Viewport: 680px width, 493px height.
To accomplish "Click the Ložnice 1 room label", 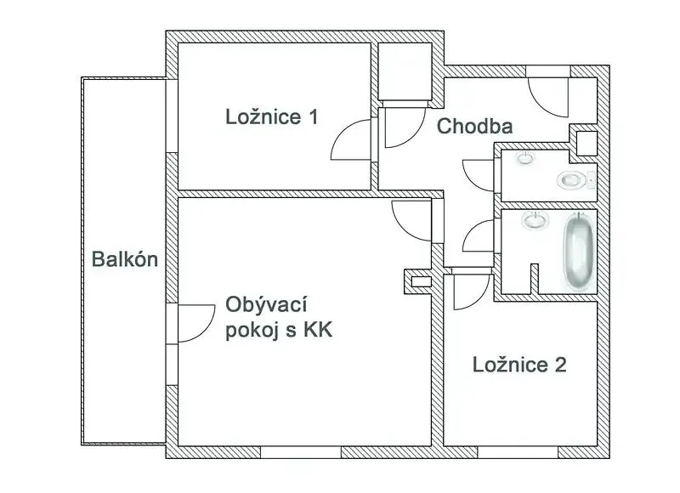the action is tap(272, 117).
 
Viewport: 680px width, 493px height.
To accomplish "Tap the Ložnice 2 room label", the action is tap(519, 365).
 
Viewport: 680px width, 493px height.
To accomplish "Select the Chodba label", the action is tap(474, 126).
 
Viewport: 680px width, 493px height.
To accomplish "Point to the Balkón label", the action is tap(125, 259).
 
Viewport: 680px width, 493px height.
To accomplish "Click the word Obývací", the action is tap(266, 305).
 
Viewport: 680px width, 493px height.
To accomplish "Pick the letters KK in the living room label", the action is tap(318, 330).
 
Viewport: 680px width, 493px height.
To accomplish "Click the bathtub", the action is tap(578, 251).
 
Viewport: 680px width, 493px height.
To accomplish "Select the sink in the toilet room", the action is tap(525, 158).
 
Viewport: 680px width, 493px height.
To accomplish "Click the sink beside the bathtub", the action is tap(536, 221).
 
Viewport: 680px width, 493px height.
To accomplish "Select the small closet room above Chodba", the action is tap(405, 71).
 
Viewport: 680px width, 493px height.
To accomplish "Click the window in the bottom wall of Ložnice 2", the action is tap(518, 452).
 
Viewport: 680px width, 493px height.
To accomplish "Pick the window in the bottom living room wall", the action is tap(301, 452).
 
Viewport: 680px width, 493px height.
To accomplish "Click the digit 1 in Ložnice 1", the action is tap(313, 117).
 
